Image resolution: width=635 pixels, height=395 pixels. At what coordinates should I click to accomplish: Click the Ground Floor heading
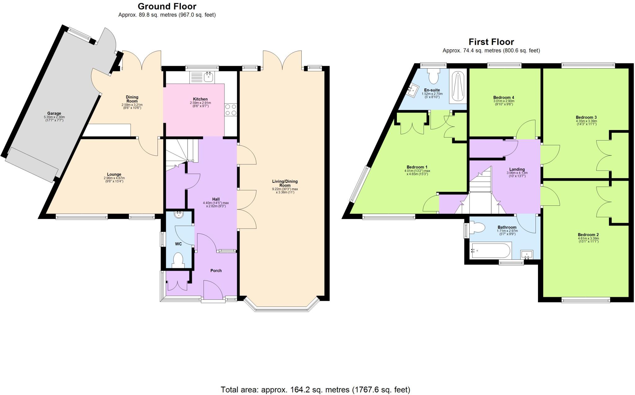click(x=167, y=6)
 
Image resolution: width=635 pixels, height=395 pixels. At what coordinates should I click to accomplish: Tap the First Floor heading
click(x=491, y=42)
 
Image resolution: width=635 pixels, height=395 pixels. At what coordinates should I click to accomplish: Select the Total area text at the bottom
click(x=315, y=390)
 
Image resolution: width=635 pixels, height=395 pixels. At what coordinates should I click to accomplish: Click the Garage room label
click(x=54, y=113)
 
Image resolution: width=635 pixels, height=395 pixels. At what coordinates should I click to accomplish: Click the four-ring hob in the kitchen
click(x=230, y=109)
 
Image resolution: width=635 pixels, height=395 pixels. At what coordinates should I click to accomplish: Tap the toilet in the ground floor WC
click(x=178, y=260)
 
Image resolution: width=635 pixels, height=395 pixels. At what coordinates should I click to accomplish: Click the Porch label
click(x=216, y=271)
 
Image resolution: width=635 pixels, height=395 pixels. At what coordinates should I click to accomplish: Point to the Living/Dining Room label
click(x=285, y=183)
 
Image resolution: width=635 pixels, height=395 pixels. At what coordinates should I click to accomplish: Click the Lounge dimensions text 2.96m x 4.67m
click(x=114, y=178)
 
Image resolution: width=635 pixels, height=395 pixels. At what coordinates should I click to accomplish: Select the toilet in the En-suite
click(x=433, y=75)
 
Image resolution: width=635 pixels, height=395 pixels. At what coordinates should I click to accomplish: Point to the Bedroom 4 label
click(x=504, y=97)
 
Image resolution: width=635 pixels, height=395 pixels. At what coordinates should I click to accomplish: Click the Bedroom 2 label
click(x=588, y=235)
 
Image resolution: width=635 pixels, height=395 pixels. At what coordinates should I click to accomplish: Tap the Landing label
click(x=517, y=169)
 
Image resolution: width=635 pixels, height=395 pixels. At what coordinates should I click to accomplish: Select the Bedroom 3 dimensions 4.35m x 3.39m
click(x=586, y=121)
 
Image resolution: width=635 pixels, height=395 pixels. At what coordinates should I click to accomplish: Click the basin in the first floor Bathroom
click(x=527, y=254)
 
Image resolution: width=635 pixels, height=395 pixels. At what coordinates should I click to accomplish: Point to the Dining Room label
click(x=132, y=99)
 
